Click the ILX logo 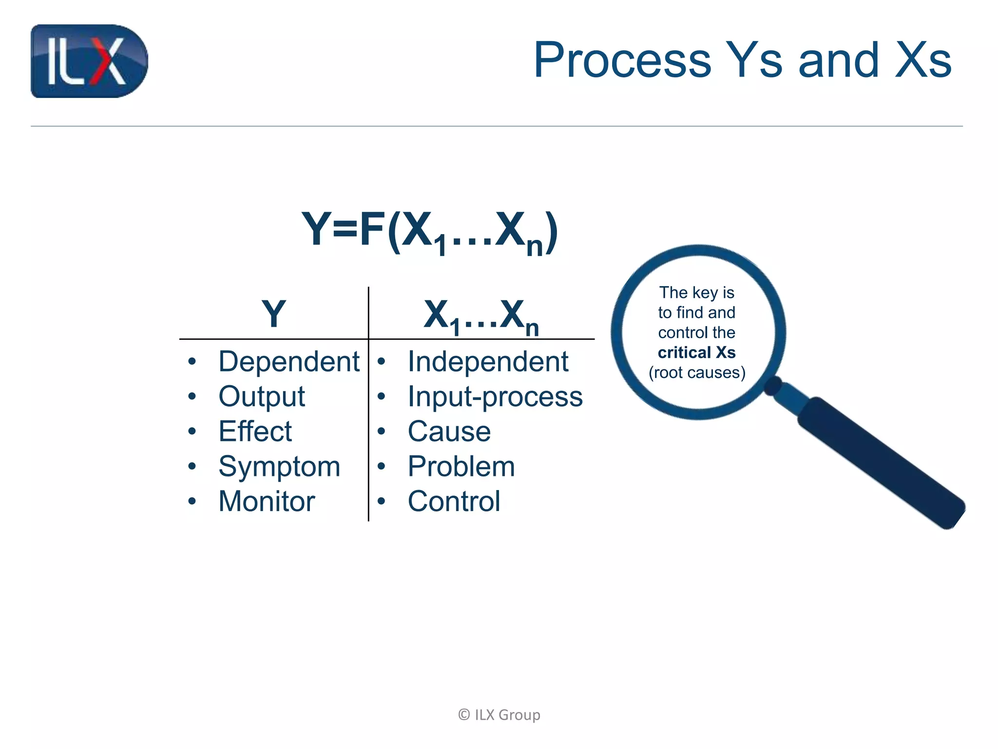pos(89,61)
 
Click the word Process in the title pos(622,60)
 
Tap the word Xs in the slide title pos(923,60)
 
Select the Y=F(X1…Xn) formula pos(429,231)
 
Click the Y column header pos(273,314)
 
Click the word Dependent pos(288,362)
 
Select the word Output pos(261,397)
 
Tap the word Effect pos(255,432)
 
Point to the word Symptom pos(279,467)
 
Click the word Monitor pos(267,501)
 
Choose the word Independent pos(488,362)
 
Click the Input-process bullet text pos(495,397)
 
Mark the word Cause pos(449,432)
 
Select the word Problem pos(461,467)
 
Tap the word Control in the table pos(454,501)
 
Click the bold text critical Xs pos(696,353)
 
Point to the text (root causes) pos(697,373)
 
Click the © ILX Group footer pos(499,715)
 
